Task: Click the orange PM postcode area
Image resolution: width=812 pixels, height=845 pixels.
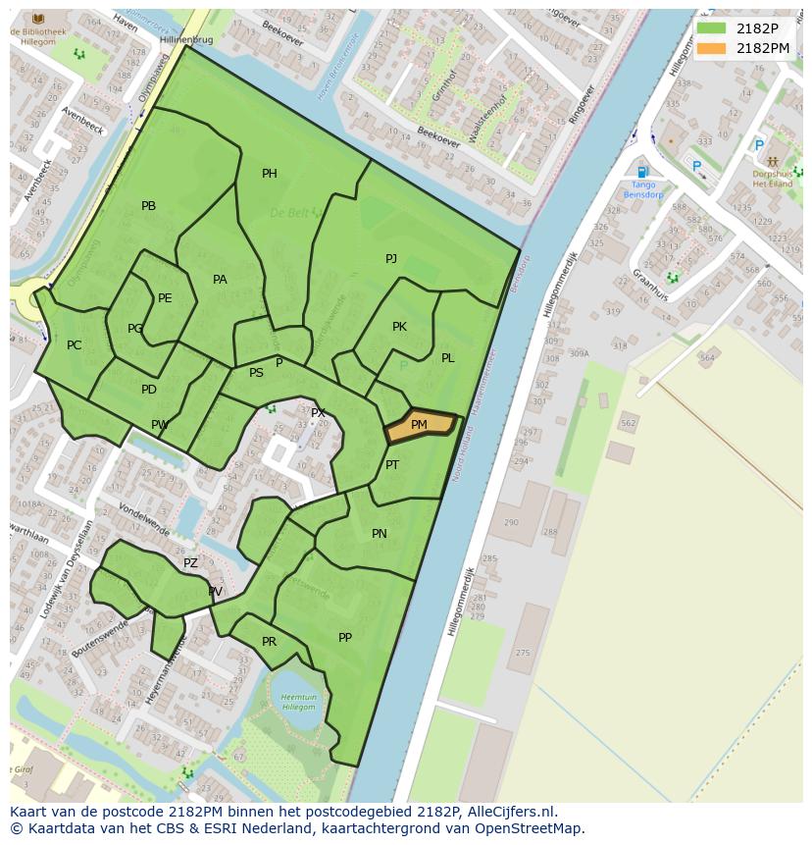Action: click(420, 426)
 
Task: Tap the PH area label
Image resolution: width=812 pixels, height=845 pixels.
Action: click(269, 174)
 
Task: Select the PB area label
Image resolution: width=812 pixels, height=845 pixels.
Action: click(148, 206)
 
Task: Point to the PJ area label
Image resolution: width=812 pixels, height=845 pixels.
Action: click(391, 258)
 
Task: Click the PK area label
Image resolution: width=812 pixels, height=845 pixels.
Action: click(399, 327)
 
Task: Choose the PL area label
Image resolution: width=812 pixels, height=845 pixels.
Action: click(447, 358)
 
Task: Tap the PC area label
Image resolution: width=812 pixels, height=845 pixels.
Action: click(74, 345)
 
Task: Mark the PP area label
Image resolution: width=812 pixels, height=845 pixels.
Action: click(345, 638)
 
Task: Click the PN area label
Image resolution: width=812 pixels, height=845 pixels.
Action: click(380, 534)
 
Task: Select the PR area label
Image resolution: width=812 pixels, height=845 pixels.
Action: click(269, 642)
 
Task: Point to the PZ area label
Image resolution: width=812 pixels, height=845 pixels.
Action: click(190, 563)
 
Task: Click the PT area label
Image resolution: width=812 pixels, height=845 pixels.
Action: click(392, 465)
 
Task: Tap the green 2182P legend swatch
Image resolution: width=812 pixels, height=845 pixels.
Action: click(712, 27)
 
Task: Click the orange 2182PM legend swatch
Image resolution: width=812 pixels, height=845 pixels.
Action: click(712, 48)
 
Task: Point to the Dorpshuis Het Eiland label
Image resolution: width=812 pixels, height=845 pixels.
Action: click(772, 178)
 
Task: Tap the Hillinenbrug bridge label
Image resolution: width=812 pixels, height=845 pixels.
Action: click(186, 39)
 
